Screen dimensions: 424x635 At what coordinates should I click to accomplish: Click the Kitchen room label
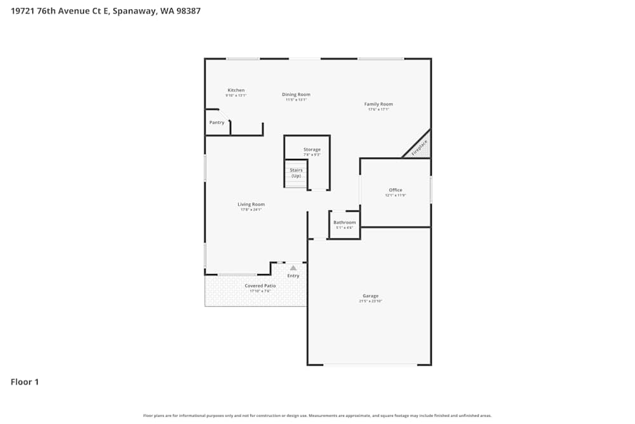coord(236,90)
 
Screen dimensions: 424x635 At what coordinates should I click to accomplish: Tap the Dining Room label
coord(296,95)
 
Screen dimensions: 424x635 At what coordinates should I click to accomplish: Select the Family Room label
coord(378,104)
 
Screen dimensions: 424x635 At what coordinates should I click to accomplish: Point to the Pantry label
coord(217,122)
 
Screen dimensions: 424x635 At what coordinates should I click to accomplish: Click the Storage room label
coord(312,149)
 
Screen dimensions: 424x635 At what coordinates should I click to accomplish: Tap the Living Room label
coord(251,204)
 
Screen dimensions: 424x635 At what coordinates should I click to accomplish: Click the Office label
coord(395,190)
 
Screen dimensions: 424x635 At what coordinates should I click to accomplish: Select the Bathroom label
coord(345,222)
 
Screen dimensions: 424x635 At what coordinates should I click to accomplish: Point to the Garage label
coord(370,296)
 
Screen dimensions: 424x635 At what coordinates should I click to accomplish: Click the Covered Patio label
coord(260,286)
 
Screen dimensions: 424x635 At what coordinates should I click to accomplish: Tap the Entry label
coord(293,276)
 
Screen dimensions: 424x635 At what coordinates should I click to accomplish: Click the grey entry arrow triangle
coord(293,268)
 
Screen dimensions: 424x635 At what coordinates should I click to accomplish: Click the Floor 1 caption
coord(25,382)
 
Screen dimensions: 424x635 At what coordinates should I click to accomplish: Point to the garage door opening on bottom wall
coord(370,365)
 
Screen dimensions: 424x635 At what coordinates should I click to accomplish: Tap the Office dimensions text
coord(395,196)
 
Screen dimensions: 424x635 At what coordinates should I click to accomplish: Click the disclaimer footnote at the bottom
coord(317,416)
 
